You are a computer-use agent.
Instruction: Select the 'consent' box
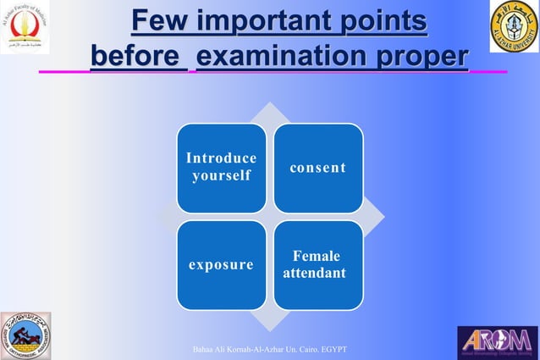tap(318, 168)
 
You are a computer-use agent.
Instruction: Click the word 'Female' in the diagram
tap(317, 256)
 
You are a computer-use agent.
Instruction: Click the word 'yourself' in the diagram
tap(220, 176)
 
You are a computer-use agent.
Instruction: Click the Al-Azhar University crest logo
tap(513, 28)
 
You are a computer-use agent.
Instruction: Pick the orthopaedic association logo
tap(25, 335)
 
